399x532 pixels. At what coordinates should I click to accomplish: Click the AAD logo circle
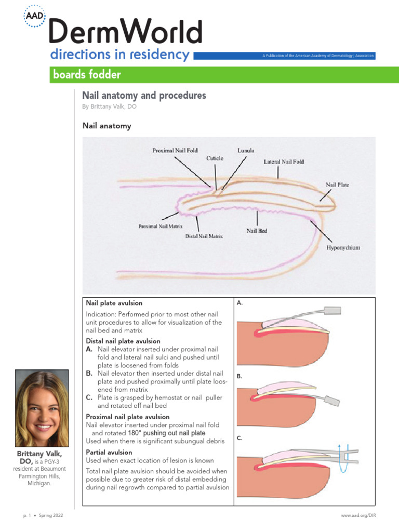(x=35, y=17)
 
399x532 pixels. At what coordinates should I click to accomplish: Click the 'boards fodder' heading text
(x=87, y=75)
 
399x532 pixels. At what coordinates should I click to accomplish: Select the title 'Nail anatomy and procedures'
(x=144, y=96)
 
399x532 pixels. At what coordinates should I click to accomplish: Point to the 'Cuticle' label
(x=215, y=157)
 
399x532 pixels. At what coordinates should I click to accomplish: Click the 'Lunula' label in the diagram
(x=246, y=150)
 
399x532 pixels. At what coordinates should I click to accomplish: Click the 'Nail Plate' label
(x=337, y=184)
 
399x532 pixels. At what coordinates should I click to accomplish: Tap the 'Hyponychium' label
(x=343, y=248)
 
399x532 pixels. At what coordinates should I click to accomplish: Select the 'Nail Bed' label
(x=257, y=230)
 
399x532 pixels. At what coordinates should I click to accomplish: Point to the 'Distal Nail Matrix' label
(x=204, y=236)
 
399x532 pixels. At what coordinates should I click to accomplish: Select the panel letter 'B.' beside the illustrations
(x=240, y=376)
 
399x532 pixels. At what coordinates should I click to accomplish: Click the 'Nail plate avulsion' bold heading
(x=114, y=303)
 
